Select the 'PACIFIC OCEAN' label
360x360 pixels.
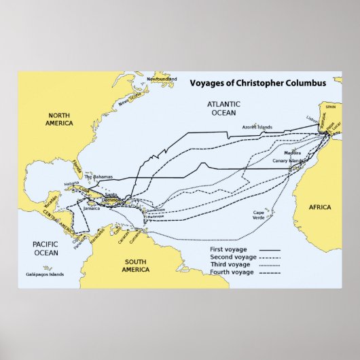coord(46,248)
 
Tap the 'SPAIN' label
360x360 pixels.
coord(331,107)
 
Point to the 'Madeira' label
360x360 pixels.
coord(293,154)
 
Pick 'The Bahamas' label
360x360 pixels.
coord(97,177)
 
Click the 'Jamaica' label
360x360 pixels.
coord(91,209)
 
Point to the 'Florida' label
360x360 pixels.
coord(76,166)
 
